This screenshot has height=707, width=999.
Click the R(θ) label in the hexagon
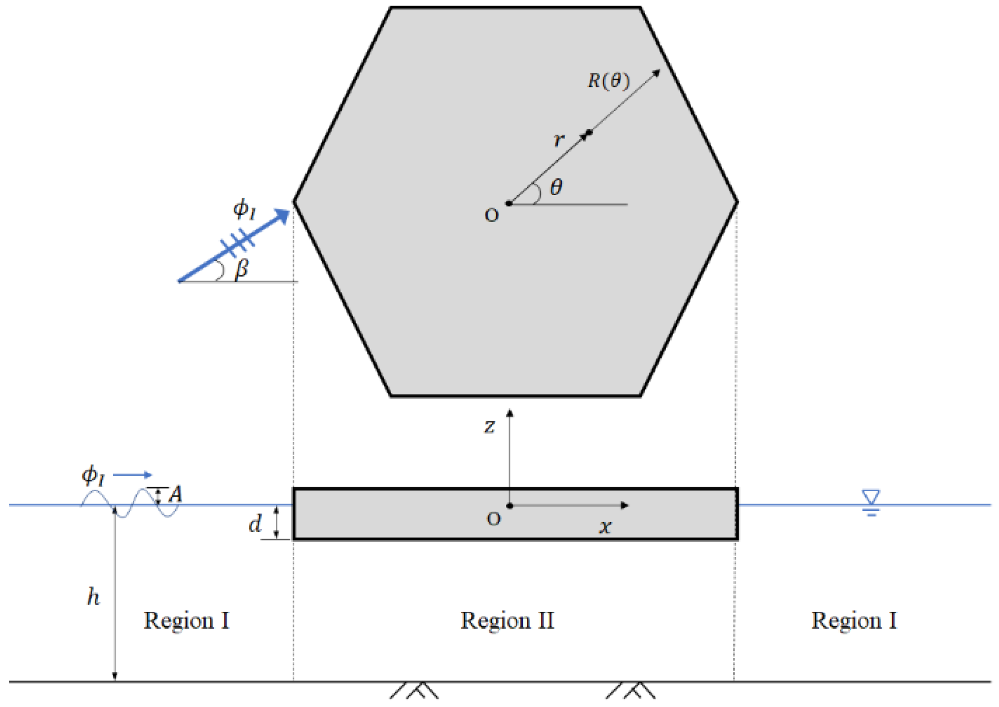tap(608, 81)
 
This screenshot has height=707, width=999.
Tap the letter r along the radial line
tap(558, 140)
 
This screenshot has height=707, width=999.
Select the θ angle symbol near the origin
tap(556, 187)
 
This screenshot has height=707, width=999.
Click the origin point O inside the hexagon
tap(509, 203)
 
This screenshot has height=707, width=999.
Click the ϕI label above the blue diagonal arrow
tap(244, 209)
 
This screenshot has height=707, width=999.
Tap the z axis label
tap(489, 426)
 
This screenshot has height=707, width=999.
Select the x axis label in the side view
tap(605, 526)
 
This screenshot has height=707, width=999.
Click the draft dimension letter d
tap(255, 524)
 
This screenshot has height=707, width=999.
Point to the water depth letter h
tap(93, 596)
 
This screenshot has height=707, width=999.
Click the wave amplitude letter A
tap(176, 494)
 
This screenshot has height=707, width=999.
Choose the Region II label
tap(507, 620)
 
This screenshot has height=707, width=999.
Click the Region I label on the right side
tap(854, 620)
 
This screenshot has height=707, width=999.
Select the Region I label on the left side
tap(186, 620)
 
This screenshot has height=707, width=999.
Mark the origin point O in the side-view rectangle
tap(510, 506)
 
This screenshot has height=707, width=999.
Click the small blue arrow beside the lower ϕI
tap(133, 475)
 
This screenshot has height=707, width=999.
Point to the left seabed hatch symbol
tap(415, 690)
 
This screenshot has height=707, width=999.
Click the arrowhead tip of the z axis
tap(510, 411)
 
